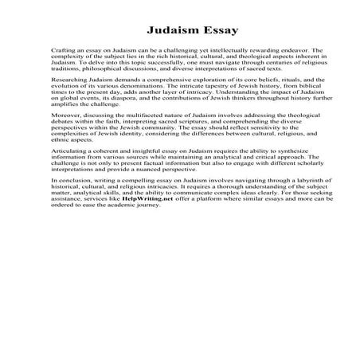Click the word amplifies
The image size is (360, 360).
(65, 117)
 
